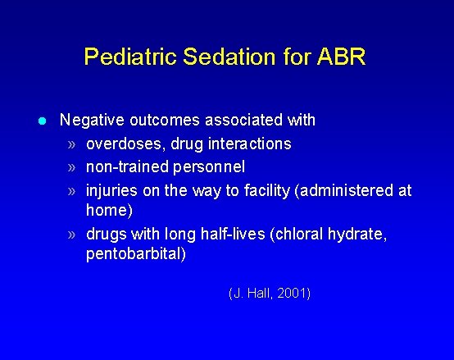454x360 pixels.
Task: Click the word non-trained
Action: (x=125, y=167)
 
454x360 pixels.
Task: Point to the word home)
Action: (x=109, y=211)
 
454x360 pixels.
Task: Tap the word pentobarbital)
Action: (x=136, y=254)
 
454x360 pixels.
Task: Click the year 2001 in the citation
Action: (x=293, y=293)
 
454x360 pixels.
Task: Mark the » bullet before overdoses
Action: (x=73, y=144)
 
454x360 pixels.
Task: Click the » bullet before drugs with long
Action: (x=73, y=235)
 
